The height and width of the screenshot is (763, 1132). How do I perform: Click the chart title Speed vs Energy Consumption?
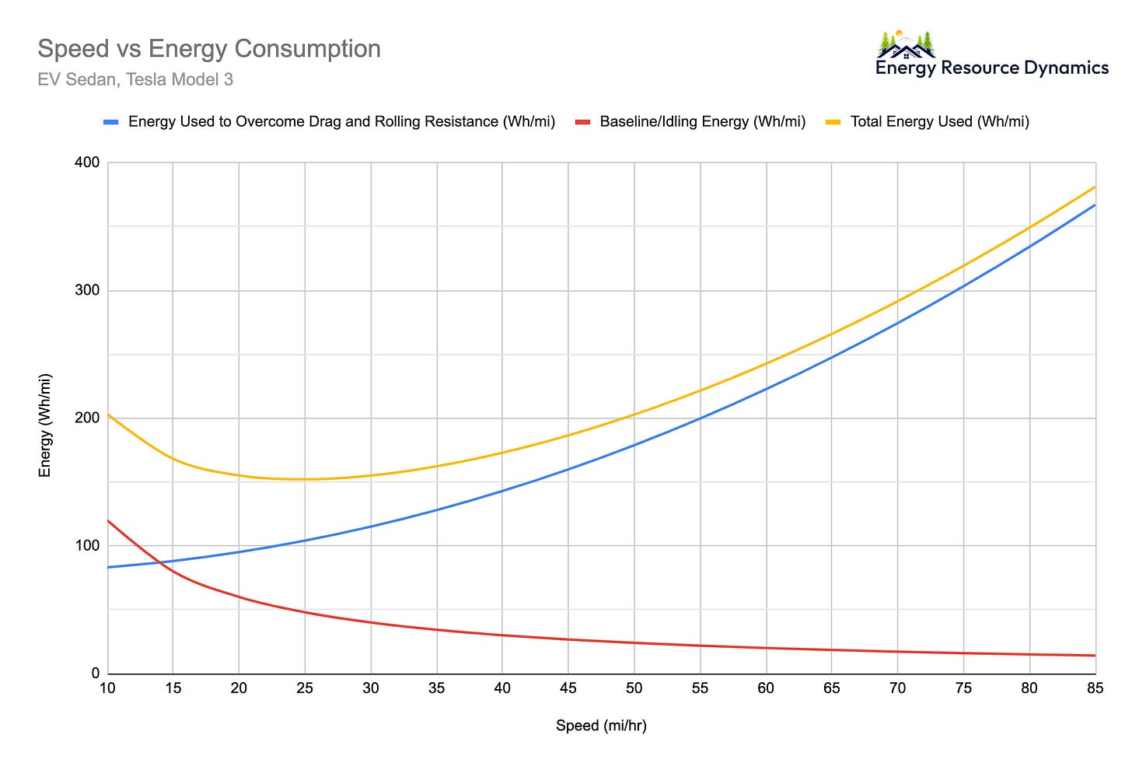tap(209, 48)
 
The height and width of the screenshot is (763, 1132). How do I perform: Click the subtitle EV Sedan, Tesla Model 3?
tap(135, 79)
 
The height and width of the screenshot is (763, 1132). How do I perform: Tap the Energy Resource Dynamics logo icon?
tap(906, 44)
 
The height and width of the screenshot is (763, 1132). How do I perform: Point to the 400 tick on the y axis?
tap(87, 163)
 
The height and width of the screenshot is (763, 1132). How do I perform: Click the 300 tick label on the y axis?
tap(87, 290)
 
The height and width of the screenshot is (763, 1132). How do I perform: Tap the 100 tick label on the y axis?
tap(87, 545)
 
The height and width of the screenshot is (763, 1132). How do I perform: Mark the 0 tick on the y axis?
tap(96, 674)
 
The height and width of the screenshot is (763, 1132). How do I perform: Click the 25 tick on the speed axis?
tap(305, 688)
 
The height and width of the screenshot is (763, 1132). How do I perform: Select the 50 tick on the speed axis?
tap(634, 688)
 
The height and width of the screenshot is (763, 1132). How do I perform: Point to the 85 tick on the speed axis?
tap(1095, 688)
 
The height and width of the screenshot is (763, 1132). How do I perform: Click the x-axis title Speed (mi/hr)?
tap(601, 726)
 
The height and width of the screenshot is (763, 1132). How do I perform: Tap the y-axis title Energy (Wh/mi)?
tap(45, 425)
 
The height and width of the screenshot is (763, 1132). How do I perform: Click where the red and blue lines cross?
tap(160, 562)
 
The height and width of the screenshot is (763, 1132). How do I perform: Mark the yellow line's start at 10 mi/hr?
tap(108, 415)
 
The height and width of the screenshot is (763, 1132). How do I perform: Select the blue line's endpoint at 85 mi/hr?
tap(1095, 205)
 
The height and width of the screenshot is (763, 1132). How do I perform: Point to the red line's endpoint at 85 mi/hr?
tap(1095, 656)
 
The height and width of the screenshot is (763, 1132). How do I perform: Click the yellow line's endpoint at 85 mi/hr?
tap(1095, 187)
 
